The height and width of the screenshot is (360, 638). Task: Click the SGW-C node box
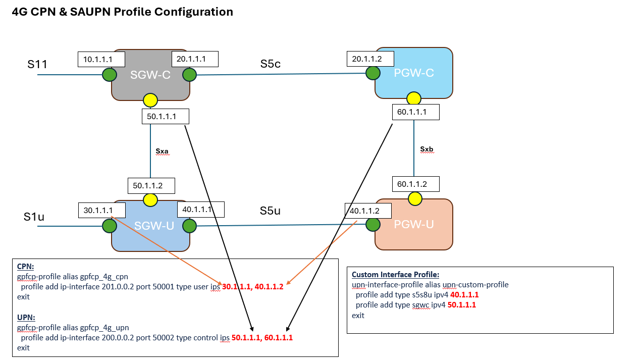pyautogui.click(x=150, y=76)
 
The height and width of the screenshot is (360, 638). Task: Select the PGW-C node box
pyautogui.click(x=413, y=72)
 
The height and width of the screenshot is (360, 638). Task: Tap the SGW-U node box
pyautogui.click(x=150, y=226)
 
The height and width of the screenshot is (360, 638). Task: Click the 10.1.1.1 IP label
pyautogui.click(x=101, y=59)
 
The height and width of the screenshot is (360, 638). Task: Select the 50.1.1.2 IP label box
pyautogui.click(x=151, y=185)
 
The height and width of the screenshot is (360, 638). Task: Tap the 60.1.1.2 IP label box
pyautogui.click(x=415, y=184)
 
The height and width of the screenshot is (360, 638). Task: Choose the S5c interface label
pyautogui.click(x=270, y=64)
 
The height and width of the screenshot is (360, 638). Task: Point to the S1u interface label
pyautogui.click(x=34, y=217)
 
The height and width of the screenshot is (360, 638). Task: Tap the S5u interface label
pyautogui.click(x=270, y=211)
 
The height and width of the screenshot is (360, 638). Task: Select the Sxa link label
pyautogui.click(x=162, y=150)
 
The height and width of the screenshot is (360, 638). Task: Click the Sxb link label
pyautogui.click(x=427, y=149)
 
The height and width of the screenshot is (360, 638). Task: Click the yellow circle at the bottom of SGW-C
pyautogui.click(x=150, y=100)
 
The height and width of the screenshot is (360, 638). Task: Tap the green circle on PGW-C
pyautogui.click(x=373, y=73)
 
